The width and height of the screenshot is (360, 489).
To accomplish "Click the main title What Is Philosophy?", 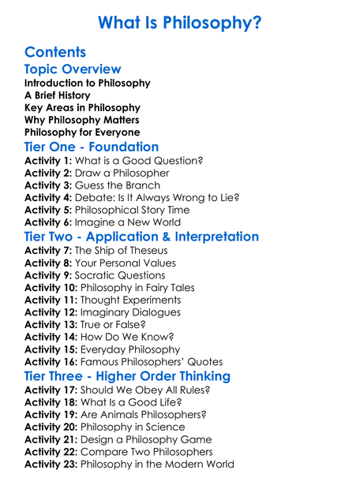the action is [180, 24].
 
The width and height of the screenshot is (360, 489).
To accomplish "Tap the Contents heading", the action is [55, 53].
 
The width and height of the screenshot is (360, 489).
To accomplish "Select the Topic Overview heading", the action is [73, 70].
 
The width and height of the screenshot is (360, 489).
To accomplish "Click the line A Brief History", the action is [58, 95].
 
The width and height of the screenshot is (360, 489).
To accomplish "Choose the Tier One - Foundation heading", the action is [92, 147].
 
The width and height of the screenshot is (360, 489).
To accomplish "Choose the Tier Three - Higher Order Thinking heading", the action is [128, 376].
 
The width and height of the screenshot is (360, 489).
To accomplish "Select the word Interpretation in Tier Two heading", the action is [213, 237].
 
